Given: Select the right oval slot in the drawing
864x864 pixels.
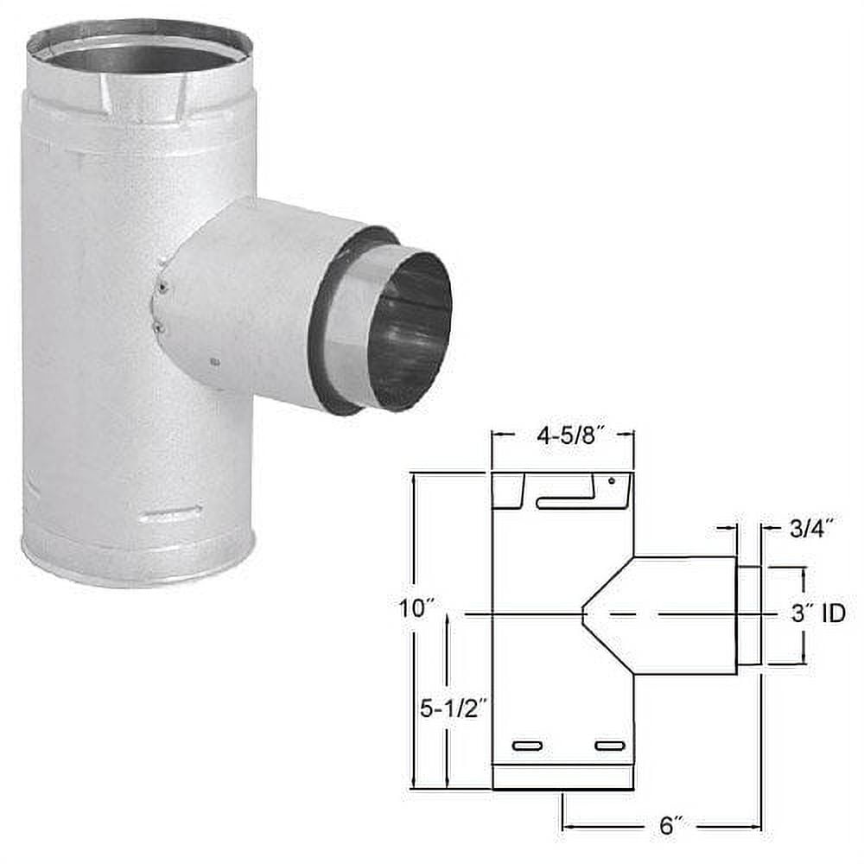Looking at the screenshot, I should (609, 746).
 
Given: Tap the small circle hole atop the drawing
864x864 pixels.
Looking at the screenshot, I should (612, 480).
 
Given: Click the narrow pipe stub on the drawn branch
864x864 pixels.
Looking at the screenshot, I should (748, 615).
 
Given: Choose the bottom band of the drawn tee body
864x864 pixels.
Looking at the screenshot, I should (562, 777).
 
